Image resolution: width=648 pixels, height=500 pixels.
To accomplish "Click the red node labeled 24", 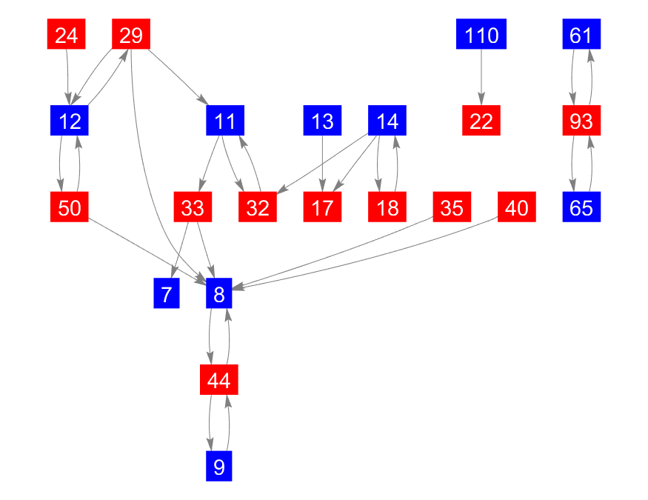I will pyautogui.click(x=67, y=35).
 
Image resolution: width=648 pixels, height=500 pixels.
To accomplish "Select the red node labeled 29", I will pyautogui.click(x=131, y=35).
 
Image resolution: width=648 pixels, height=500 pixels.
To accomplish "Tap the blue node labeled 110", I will pyautogui.click(x=481, y=35).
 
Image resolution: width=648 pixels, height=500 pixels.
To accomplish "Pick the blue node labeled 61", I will pyautogui.click(x=581, y=35).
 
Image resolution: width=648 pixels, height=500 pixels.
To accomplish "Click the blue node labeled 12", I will pyautogui.click(x=70, y=121).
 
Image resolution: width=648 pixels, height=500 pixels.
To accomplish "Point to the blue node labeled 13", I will pyautogui.click(x=322, y=121).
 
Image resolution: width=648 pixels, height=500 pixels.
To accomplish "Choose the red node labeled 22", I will pyautogui.click(x=481, y=121).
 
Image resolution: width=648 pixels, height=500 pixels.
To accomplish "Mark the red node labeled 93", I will pyautogui.click(x=581, y=121).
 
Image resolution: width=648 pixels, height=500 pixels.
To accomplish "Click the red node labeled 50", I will pyautogui.click(x=70, y=208).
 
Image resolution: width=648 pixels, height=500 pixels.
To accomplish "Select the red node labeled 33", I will pyautogui.click(x=193, y=208).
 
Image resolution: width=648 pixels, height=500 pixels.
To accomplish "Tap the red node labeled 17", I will pyautogui.click(x=322, y=208).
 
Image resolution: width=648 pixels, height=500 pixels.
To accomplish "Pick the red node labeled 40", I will pyautogui.click(x=516, y=208).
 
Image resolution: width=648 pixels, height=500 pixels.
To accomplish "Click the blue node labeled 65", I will pyautogui.click(x=581, y=208).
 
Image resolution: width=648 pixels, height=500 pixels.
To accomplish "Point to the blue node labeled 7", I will pyautogui.click(x=167, y=295).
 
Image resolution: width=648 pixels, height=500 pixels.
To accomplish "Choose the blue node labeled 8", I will pyautogui.click(x=219, y=295).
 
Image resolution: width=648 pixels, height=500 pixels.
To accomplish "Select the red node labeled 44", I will pyautogui.click(x=219, y=381).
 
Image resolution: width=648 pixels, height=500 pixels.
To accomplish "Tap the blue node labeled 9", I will pyautogui.click(x=219, y=467).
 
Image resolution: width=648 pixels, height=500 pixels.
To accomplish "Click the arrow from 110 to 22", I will pyautogui.click(x=481, y=78).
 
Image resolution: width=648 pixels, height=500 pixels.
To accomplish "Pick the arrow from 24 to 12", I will pyautogui.click(x=68, y=78).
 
